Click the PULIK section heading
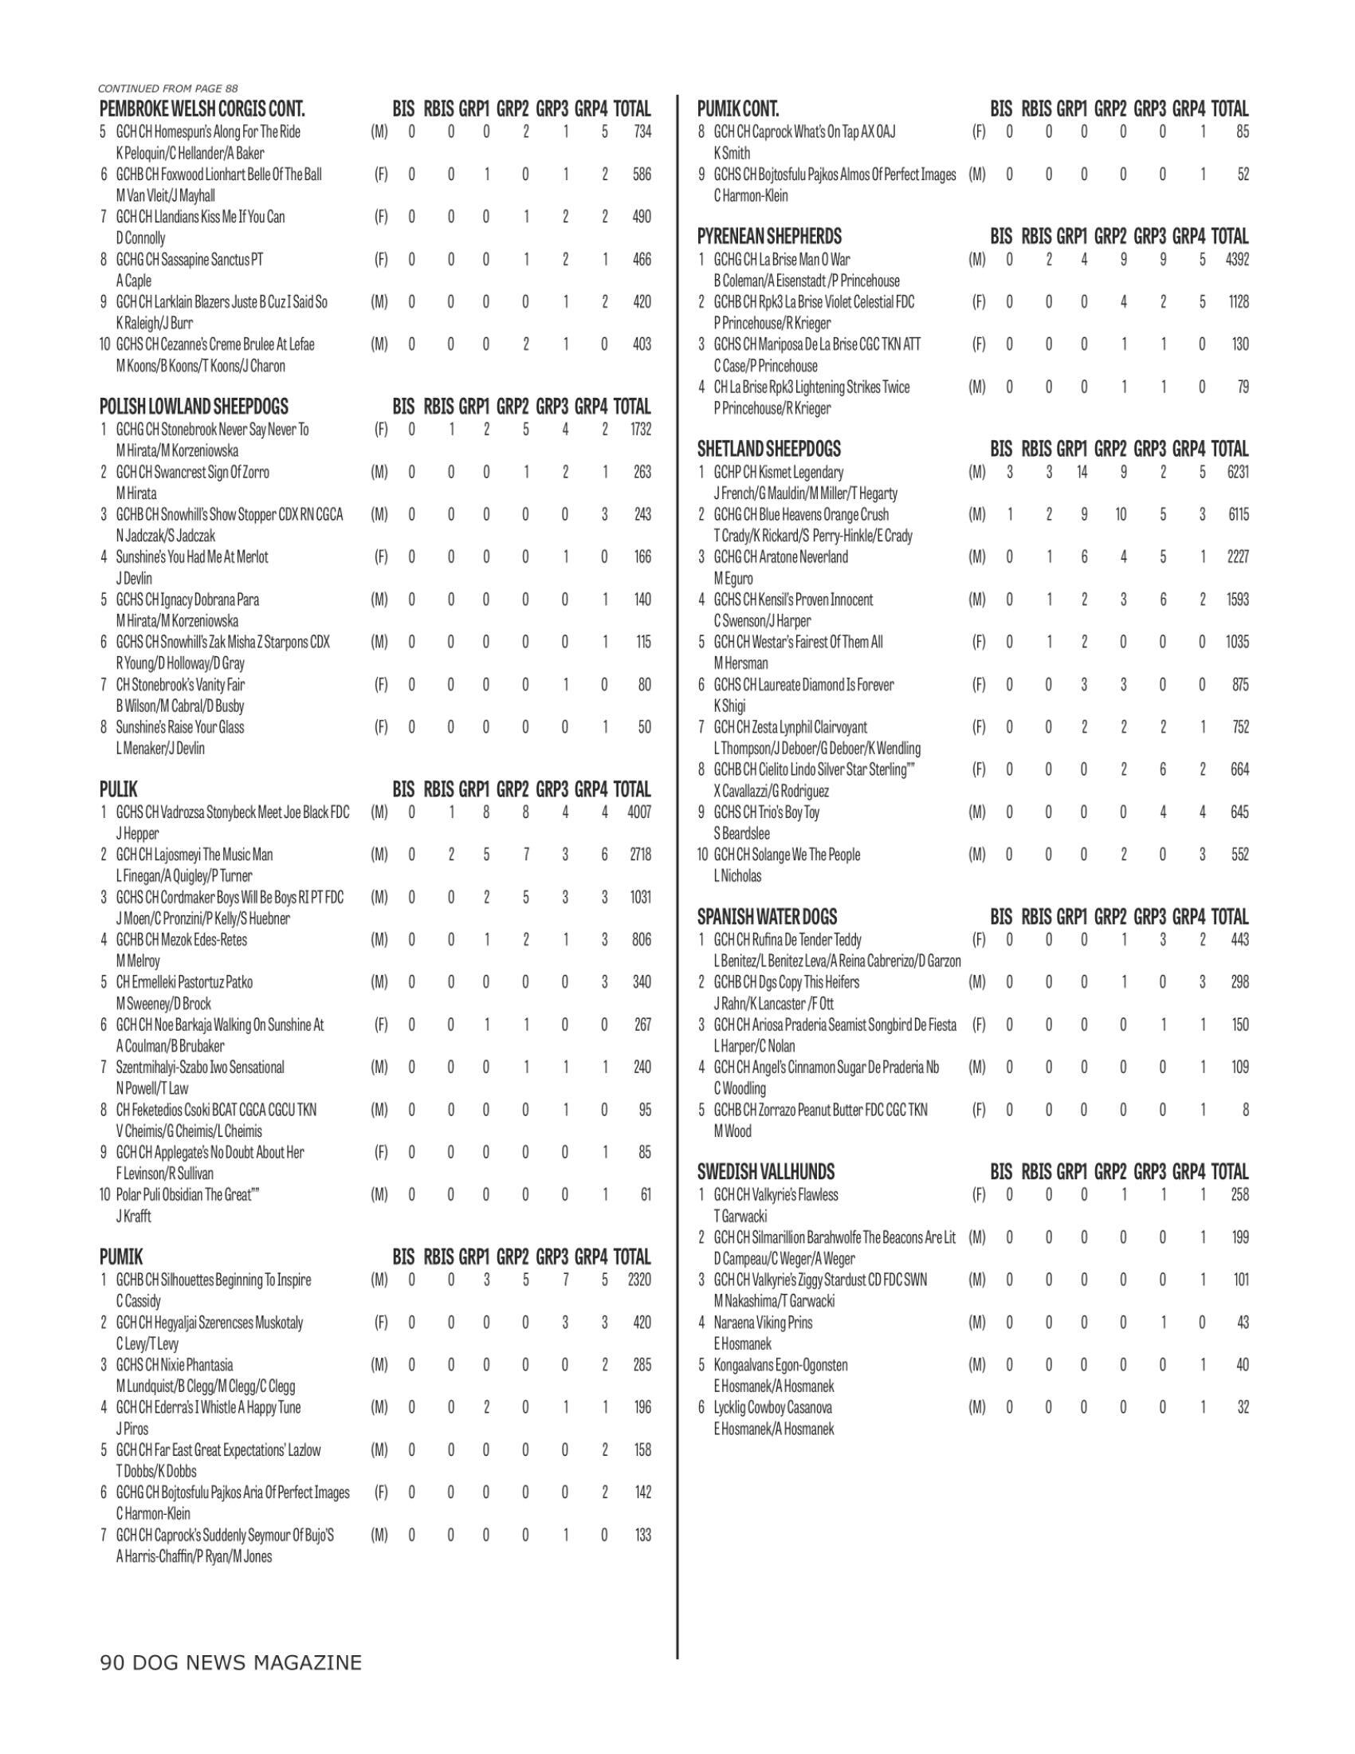[x=118, y=789]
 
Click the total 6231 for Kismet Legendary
[x=1237, y=472]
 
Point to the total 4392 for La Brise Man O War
[x=1237, y=259]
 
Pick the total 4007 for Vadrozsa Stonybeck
[x=639, y=812]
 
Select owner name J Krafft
[x=133, y=1216]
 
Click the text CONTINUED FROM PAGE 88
[x=167, y=88]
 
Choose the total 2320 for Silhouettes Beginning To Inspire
[x=639, y=1280]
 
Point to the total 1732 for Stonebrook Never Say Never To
[x=640, y=430]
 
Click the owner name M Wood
[x=732, y=1131]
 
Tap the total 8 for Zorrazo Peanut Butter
[x=1244, y=1110]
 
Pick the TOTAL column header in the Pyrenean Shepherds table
[x=1229, y=237]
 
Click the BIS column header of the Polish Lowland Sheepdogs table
[x=403, y=407]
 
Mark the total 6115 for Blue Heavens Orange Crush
[x=1237, y=515]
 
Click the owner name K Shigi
[x=729, y=706]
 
